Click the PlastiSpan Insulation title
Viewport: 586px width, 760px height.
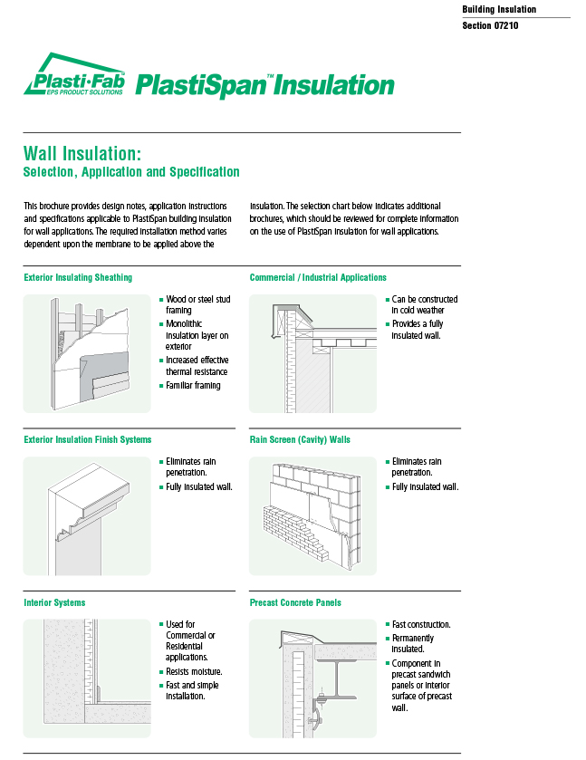tap(264, 85)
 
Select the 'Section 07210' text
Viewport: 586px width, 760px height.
tap(490, 25)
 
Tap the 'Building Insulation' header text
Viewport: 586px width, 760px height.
tap(499, 9)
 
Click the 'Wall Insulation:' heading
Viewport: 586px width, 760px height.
tap(82, 153)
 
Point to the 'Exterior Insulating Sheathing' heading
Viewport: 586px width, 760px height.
tap(78, 277)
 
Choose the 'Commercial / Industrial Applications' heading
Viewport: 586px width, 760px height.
tap(318, 277)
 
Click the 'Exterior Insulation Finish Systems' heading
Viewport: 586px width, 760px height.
tap(88, 439)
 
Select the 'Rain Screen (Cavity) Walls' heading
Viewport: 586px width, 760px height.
tap(300, 439)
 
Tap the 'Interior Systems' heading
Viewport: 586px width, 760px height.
tap(54, 602)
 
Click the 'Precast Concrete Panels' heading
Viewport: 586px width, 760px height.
tap(295, 602)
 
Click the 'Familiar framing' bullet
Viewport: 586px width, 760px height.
tap(192, 386)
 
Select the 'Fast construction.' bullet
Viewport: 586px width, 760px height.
tap(420, 625)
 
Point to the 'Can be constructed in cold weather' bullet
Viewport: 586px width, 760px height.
tap(423, 304)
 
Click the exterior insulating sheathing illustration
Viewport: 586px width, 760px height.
tap(86, 353)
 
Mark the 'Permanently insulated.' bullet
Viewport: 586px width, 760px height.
tap(412, 643)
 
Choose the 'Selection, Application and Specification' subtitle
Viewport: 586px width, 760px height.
tap(131, 172)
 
